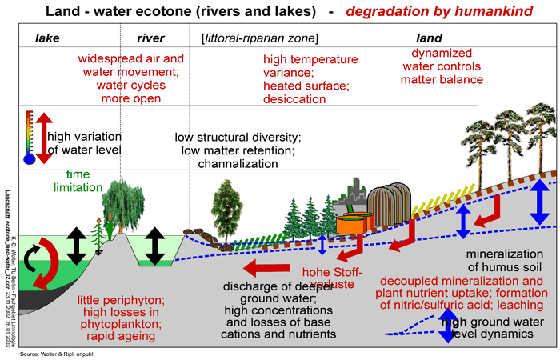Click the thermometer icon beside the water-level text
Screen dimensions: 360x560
click(x=30, y=137)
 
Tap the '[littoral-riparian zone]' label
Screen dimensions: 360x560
click(x=259, y=38)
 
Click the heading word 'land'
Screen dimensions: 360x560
click(x=430, y=38)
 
